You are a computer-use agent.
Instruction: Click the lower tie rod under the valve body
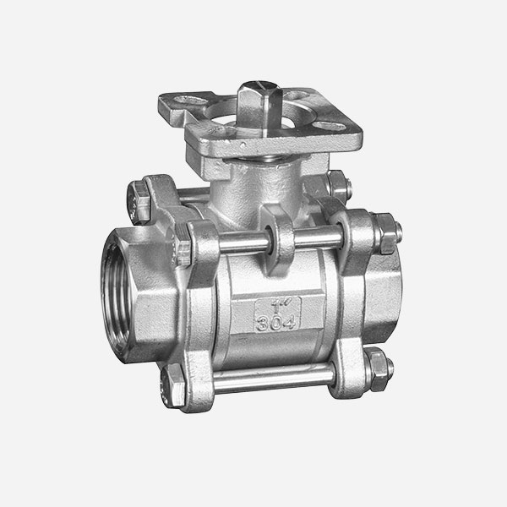[274, 378]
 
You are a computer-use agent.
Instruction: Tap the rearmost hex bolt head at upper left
[138, 203]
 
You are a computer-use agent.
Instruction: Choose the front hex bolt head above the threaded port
[183, 243]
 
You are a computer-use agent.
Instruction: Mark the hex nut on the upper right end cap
[386, 233]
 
